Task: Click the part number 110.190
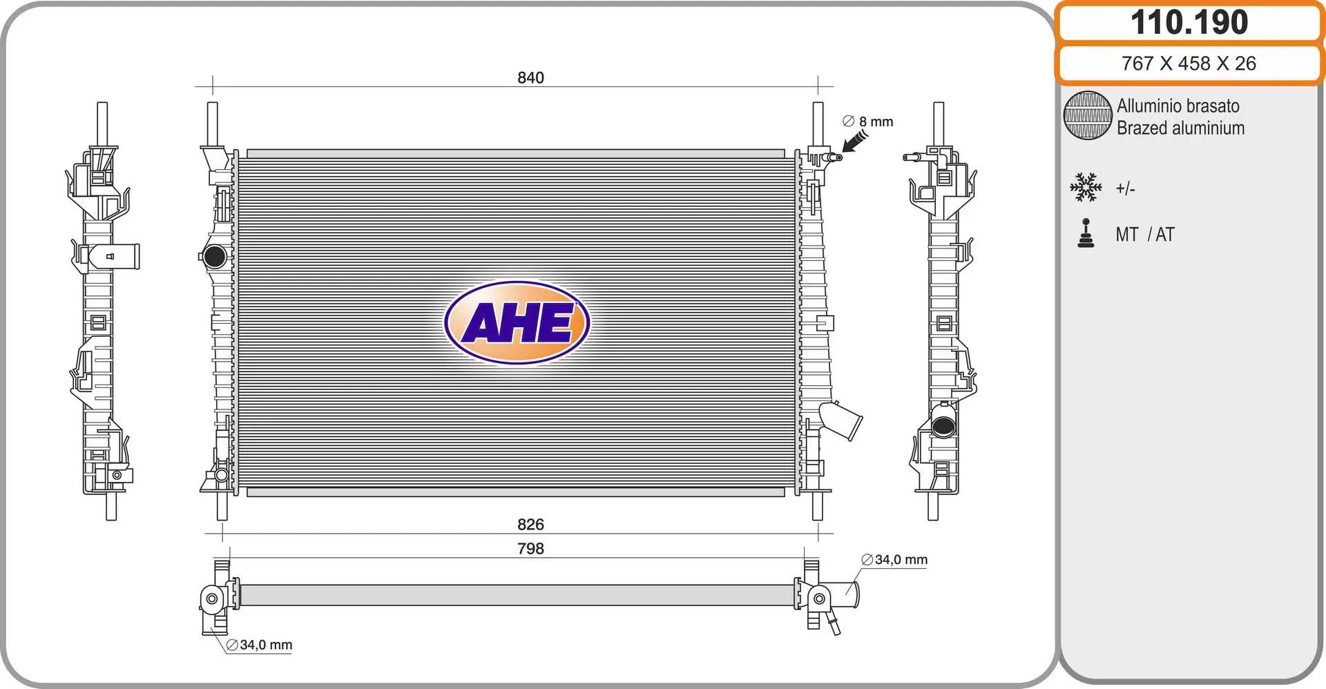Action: point(1189,22)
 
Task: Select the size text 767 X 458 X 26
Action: point(1189,64)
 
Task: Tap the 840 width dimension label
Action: point(530,77)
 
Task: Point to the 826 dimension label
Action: point(530,524)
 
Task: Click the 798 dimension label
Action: point(530,548)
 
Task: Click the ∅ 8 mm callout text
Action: point(868,122)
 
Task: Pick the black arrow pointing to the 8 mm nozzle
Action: point(854,142)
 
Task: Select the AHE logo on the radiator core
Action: point(517,322)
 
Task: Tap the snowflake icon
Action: point(1086,187)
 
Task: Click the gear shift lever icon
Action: point(1086,233)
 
